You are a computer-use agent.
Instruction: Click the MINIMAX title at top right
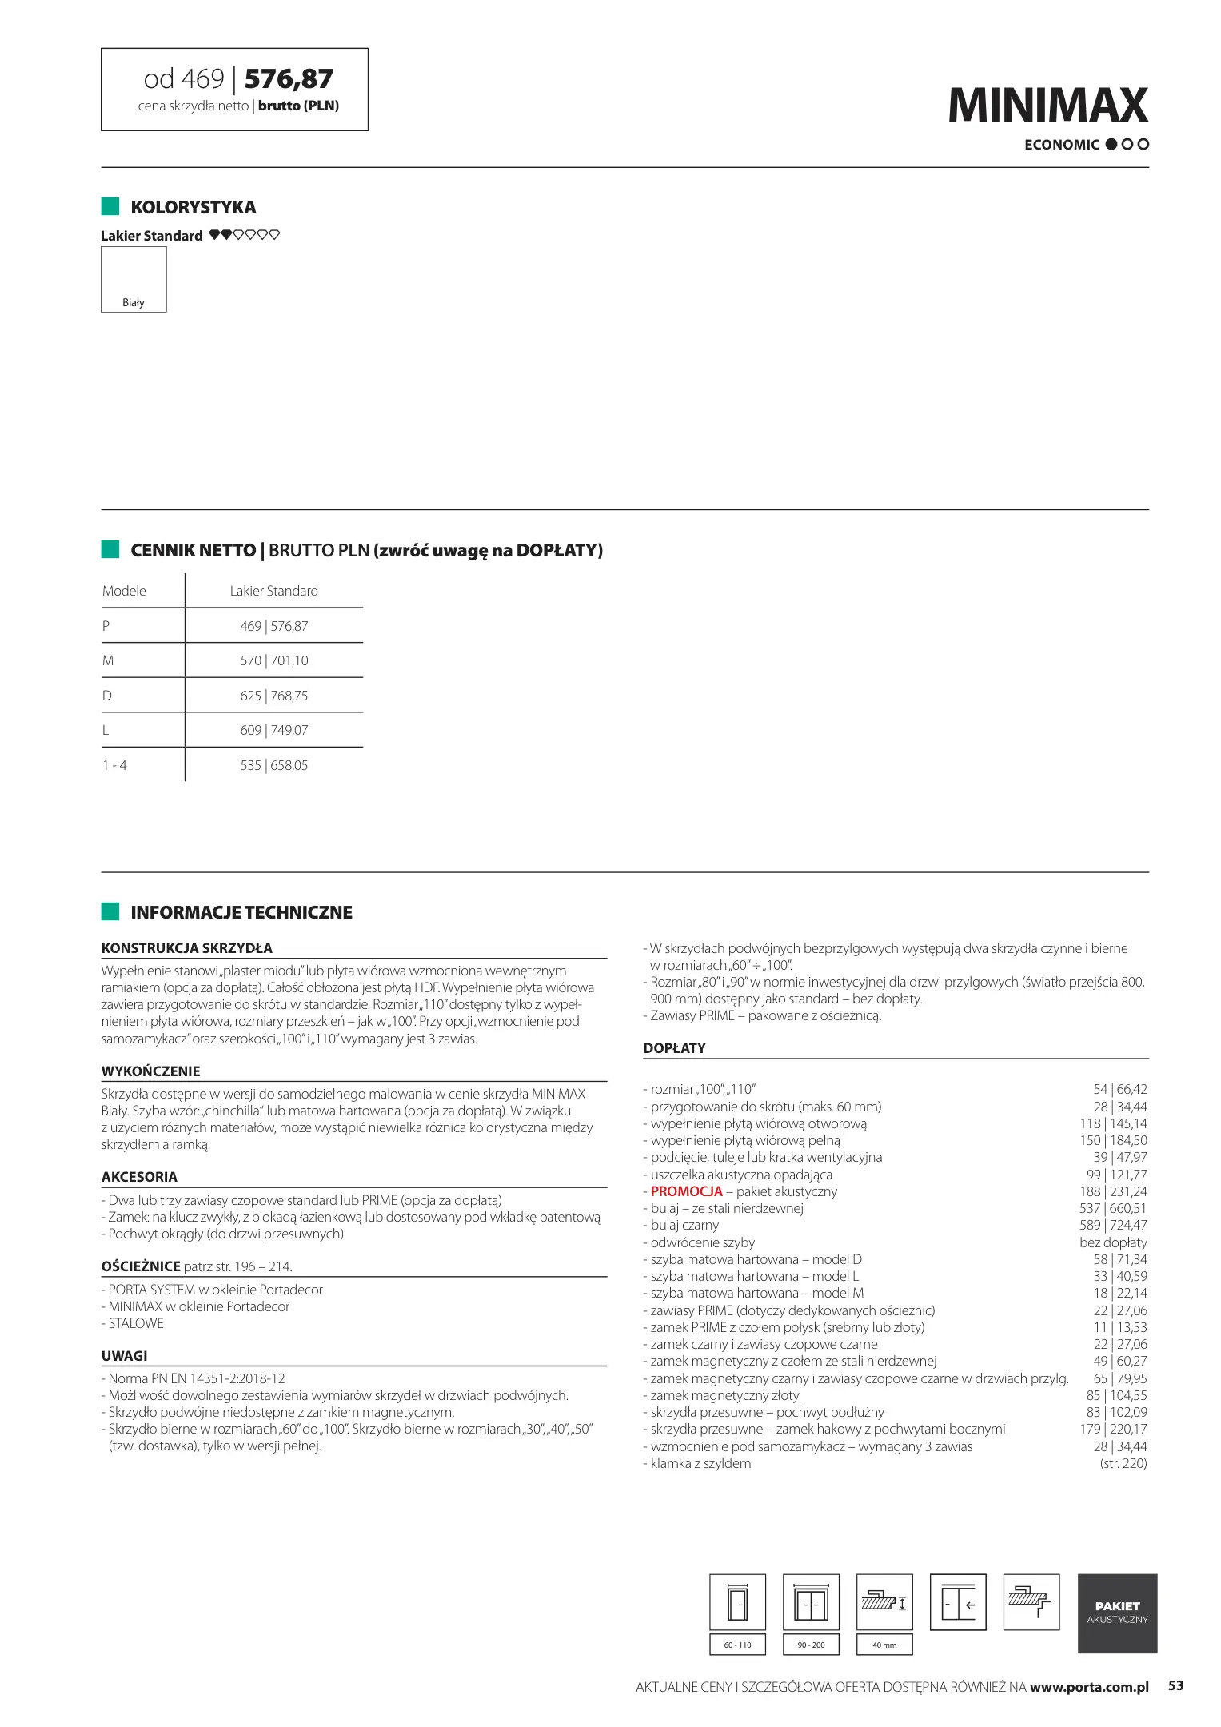click(1047, 106)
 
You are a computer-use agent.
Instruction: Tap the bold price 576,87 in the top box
click(289, 78)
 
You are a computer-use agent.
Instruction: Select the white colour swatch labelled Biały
click(134, 279)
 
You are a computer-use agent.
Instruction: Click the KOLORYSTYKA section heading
click(193, 207)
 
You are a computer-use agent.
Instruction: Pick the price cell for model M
click(273, 660)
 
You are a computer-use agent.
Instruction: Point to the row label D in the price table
click(107, 696)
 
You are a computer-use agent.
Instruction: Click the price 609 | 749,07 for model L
click(273, 730)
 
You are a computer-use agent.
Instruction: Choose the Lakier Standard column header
click(273, 591)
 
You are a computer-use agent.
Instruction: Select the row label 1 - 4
click(114, 765)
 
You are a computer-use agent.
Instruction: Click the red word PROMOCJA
click(686, 1191)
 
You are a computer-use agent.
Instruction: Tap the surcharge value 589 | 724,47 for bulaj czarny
click(1112, 1225)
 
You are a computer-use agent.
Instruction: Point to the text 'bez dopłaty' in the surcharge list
click(1112, 1242)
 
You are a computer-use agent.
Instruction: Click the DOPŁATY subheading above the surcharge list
click(674, 1048)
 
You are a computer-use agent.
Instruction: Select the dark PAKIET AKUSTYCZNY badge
click(1117, 1613)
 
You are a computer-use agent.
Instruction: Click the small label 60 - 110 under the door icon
click(737, 1645)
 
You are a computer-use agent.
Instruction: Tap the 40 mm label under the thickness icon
click(884, 1645)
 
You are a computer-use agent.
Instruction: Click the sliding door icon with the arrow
click(958, 1603)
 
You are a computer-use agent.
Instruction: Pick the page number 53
click(1175, 1685)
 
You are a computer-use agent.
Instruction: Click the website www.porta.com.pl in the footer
click(1089, 1687)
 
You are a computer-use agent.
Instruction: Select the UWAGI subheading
click(124, 1356)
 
